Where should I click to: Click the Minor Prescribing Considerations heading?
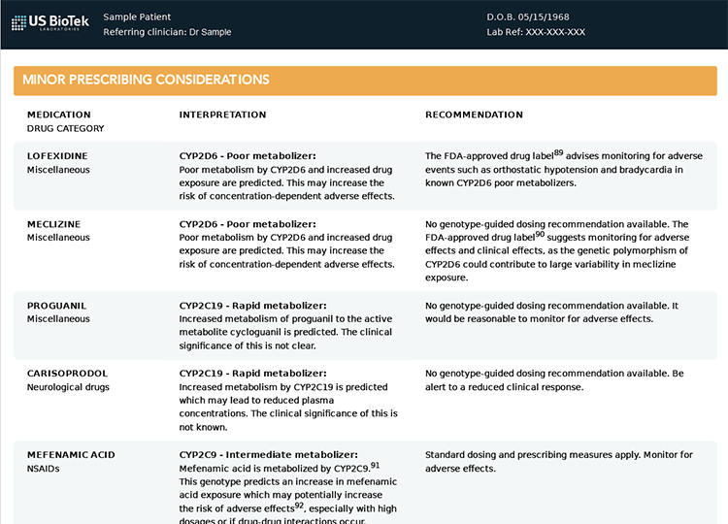click(146, 80)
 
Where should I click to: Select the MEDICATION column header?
click(59, 115)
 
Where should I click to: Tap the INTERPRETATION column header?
click(222, 115)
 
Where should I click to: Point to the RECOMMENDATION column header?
click(474, 115)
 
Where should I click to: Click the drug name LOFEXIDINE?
click(57, 155)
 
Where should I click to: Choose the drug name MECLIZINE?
click(53, 224)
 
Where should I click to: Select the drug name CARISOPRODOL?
click(67, 374)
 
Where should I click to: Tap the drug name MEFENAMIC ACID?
click(71, 455)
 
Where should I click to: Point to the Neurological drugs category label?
click(68, 387)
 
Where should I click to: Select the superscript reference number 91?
click(375, 465)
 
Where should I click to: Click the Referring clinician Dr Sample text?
click(167, 32)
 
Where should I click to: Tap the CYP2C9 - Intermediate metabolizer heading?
click(269, 455)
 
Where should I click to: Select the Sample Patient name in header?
click(137, 16)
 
